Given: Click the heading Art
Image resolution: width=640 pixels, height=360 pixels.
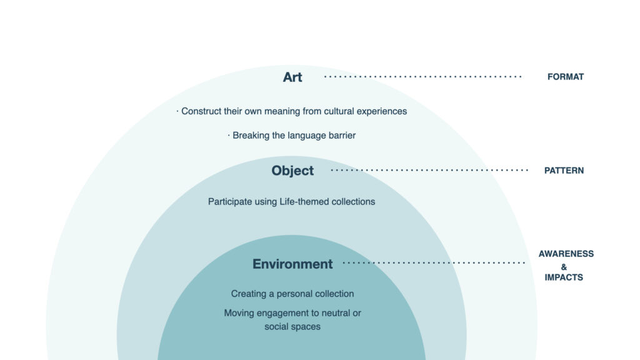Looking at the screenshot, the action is click(292, 77).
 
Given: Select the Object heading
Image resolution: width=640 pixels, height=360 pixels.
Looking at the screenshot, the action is click(292, 171).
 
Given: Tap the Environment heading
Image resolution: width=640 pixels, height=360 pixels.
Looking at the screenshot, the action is click(292, 264).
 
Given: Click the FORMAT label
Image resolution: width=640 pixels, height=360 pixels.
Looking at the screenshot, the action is click(565, 77).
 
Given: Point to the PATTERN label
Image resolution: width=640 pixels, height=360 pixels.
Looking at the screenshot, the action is click(564, 171).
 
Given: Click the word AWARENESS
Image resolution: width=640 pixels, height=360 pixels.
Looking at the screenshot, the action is click(566, 254).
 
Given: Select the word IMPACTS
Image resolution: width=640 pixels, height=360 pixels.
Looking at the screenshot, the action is click(564, 277).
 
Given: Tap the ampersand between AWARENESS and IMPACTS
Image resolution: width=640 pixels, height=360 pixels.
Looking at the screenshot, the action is click(564, 267).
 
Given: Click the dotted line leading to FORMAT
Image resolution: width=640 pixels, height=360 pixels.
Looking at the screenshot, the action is click(422, 77).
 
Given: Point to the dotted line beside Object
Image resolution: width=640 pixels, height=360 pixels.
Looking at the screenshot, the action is click(429, 170).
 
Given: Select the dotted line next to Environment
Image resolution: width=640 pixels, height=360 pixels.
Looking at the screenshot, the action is click(434, 263).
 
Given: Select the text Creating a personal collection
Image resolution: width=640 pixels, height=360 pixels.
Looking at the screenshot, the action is click(292, 294).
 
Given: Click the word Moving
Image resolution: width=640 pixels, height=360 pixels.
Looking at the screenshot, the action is click(236, 313).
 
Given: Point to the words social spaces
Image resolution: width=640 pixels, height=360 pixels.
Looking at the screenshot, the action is click(292, 326).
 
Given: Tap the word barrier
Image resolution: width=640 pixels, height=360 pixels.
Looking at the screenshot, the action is click(342, 136).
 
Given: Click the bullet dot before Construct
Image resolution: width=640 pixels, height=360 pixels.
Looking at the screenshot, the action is click(177, 111).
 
